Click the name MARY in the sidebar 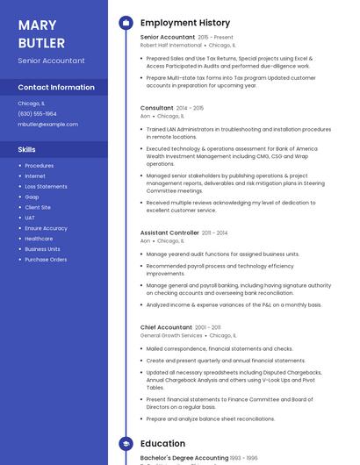click(x=37, y=25)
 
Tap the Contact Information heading click(x=56, y=87)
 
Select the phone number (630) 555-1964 click(x=37, y=113)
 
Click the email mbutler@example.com click(x=47, y=124)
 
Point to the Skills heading click(x=26, y=149)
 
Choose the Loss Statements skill click(x=46, y=186)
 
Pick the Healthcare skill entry click(x=39, y=239)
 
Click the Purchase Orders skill click(x=46, y=260)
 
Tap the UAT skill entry click(x=30, y=218)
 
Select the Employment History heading click(x=184, y=23)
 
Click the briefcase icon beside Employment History click(x=126, y=23)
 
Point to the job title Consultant click(x=157, y=108)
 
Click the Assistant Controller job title click(x=169, y=232)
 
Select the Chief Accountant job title click(x=166, y=327)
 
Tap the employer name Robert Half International click(x=170, y=45)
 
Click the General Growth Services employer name click(x=171, y=335)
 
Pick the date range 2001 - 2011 click(x=208, y=327)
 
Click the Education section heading click(x=162, y=444)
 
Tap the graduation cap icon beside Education click(x=126, y=444)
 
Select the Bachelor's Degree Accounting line click(x=184, y=459)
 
